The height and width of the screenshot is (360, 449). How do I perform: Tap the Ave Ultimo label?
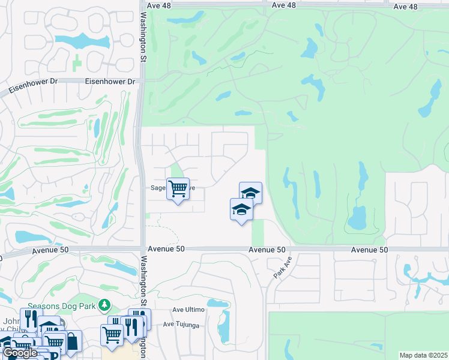pyautogui.click(x=188, y=310)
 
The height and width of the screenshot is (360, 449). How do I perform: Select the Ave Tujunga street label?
pyautogui.click(x=182, y=325)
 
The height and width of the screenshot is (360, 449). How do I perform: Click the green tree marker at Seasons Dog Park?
pyautogui.click(x=105, y=305)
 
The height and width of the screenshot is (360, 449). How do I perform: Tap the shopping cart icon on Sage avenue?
pyautogui.click(x=178, y=189)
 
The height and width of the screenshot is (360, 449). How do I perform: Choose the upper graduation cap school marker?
pyautogui.click(x=250, y=193)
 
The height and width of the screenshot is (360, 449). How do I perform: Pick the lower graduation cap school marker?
pyautogui.click(x=241, y=209)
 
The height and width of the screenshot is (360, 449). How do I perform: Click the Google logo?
pyautogui.click(x=20, y=353)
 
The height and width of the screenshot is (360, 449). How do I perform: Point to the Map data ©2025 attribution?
pyautogui.click(x=423, y=355)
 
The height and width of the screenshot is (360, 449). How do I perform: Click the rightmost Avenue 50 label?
pyautogui.click(x=370, y=250)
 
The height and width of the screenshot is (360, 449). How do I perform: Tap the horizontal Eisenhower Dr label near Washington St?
pyautogui.click(x=110, y=82)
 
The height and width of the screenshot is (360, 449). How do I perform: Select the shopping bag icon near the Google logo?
pyautogui.click(x=71, y=341)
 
